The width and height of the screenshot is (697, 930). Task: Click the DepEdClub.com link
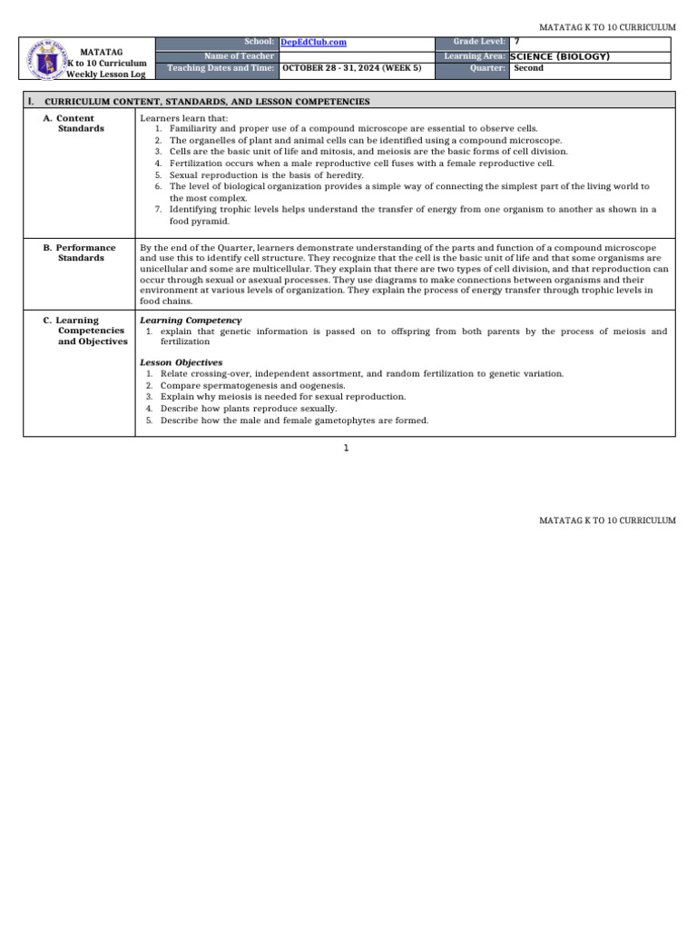(x=313, y=43)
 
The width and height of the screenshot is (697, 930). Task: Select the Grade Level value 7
(x=517, y=43)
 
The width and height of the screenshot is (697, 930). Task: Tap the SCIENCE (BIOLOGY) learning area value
(x=560, y=56)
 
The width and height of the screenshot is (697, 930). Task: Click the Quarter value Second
(x=529, y=68)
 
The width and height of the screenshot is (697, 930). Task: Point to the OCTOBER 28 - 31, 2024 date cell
(x=351, y=68)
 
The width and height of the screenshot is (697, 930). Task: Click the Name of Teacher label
(x=240, y=56)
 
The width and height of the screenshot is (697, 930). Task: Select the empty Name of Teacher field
(x=354, y=56)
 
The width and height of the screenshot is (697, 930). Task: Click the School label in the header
(x=259, y=43)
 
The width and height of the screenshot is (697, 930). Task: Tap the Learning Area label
(x=476, y=56)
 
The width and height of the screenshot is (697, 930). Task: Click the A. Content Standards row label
(x=74, y=124)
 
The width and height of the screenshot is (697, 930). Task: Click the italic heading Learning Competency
(x=190, y=321)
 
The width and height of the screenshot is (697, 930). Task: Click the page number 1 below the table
(x=346, y=448)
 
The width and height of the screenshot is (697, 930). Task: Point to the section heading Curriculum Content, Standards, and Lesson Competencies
(x=207, y=102)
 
